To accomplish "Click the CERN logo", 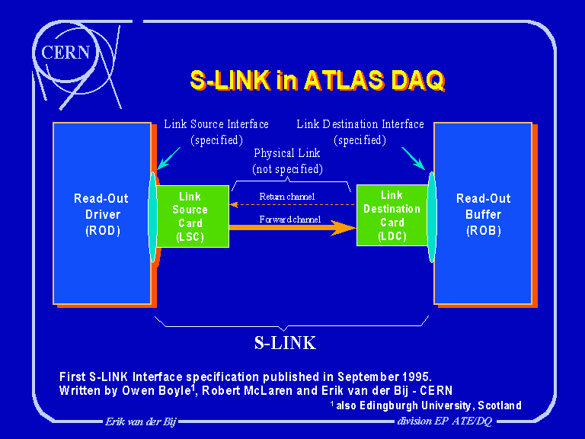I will click(66, 53).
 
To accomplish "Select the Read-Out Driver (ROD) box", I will click(101, 213).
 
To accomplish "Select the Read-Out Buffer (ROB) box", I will click(483, 213).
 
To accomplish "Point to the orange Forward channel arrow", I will click(293, 228).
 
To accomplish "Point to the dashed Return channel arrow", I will click(293, 204).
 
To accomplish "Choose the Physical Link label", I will click(287, 161).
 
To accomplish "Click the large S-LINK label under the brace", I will click(285, 343).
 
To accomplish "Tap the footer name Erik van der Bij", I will click(140, 421).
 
